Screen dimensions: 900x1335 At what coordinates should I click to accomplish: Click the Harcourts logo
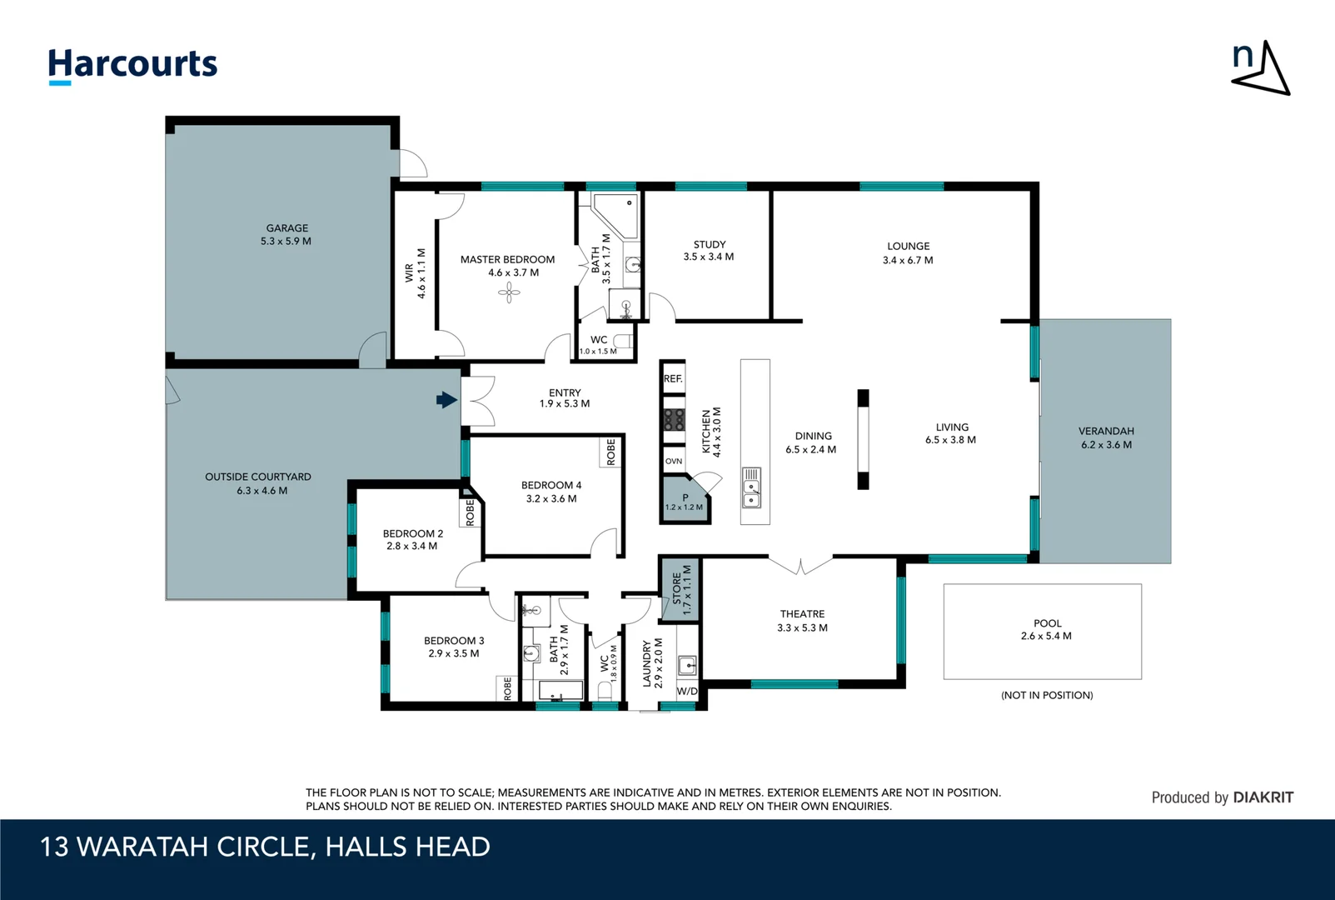coord(132,65)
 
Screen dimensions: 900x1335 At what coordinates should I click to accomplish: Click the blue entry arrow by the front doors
coord(447,400)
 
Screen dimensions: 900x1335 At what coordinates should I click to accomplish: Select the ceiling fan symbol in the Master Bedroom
coord(509,292)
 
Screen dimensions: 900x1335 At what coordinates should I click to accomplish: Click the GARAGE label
coord(287,227)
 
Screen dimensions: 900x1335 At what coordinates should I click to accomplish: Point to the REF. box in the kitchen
coord(673,378)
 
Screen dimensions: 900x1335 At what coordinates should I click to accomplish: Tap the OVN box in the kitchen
coord(674,461)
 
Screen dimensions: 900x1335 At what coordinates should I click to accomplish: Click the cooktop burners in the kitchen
coord(674,419)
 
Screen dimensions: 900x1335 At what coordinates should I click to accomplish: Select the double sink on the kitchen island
coord(751,487)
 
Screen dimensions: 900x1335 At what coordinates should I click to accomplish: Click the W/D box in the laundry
coord(687,692)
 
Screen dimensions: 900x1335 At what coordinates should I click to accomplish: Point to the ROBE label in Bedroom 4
coord(611,452)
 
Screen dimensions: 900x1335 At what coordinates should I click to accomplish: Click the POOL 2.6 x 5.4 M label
coord(1046,629)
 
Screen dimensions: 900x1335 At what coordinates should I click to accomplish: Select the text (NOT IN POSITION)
coord(1047,695)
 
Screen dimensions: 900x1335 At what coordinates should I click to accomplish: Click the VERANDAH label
coord(1106,431)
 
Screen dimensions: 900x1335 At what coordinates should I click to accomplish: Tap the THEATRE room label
coord(802,614)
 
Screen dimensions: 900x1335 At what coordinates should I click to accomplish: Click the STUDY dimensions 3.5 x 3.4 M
coord(709,257)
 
